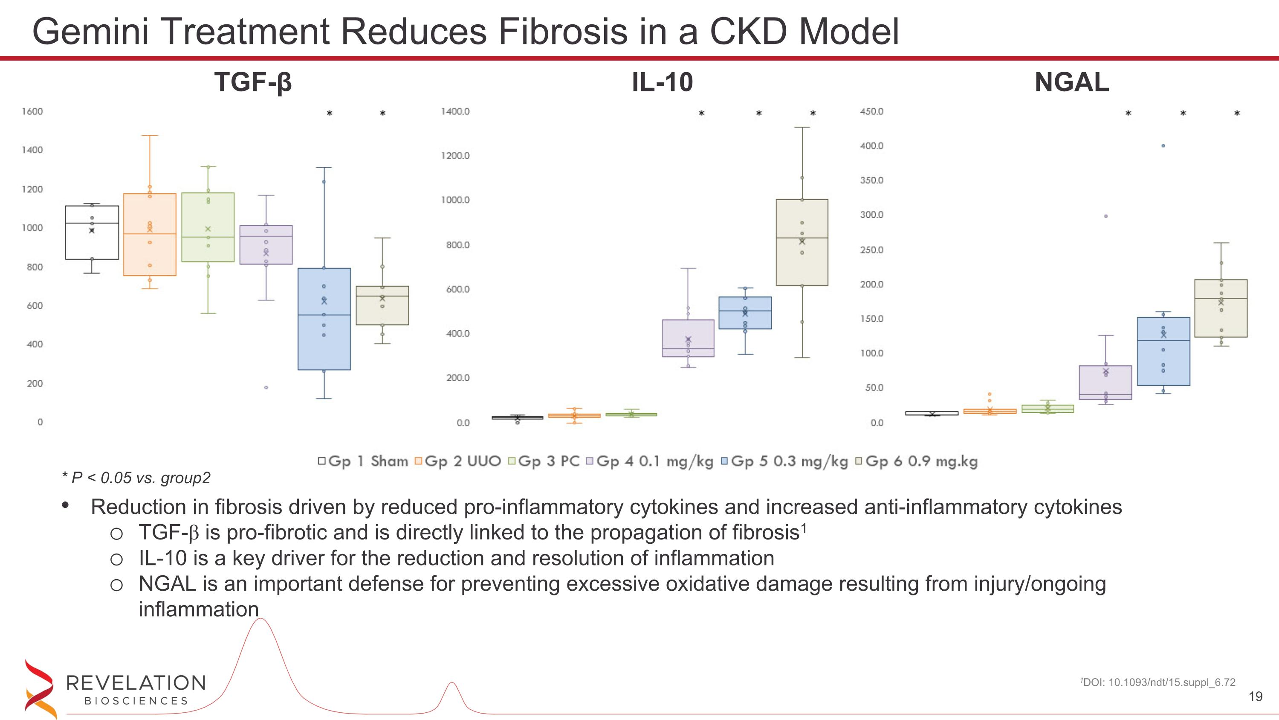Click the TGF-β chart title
click(253, 82)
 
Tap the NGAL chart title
click(1071, 82)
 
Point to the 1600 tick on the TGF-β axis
click(32, 111)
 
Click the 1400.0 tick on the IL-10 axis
click(455, 111)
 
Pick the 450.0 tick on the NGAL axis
click(871, 111)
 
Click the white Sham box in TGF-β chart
click(92, 243)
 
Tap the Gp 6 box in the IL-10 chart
click(802, 263)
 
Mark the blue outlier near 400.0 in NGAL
click(1163, 146)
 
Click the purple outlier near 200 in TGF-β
click(266, 387)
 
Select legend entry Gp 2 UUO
click(458, 461)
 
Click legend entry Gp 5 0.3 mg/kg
click(784, 461)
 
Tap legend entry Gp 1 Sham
click(363, 461)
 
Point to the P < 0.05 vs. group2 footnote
click(136, 478)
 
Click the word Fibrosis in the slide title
click(562, 31)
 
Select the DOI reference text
click(1157, 682)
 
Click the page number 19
click(1255, 697)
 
